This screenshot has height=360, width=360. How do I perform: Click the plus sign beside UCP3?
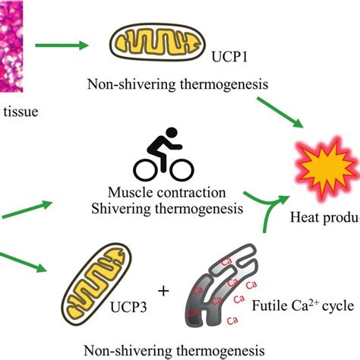pos(162,291)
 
